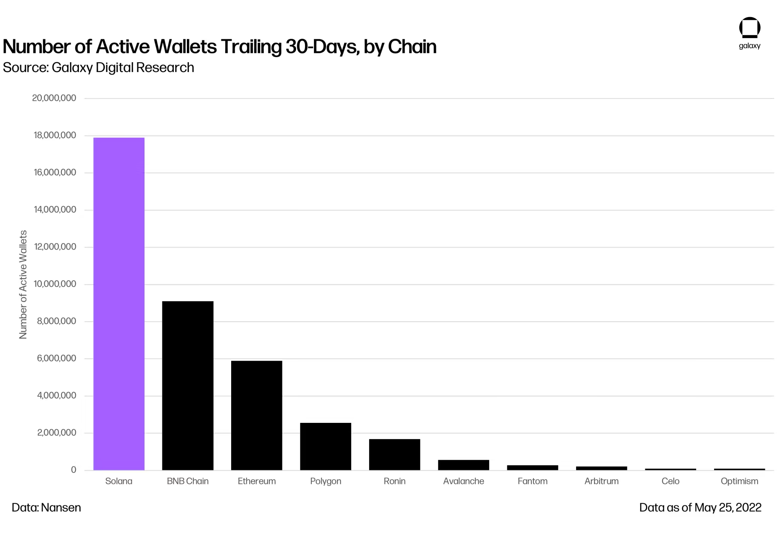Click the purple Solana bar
coord(119,303)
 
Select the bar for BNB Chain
coord(188,385)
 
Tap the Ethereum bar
coord(256,415)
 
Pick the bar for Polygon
coord(326,446)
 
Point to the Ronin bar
coord(394,454)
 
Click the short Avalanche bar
coord(463,465)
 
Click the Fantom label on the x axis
coord(532,481)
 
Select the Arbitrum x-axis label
coord(601,481)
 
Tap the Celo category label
coord(670,481)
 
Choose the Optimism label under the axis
coord(739,481)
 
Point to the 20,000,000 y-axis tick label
coord(54,98)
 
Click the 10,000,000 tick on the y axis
coord(55,284)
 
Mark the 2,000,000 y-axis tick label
coord(56,433)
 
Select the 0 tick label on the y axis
coord(73,470)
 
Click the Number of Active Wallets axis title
coord(23,284)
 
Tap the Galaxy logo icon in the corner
coord(749,28)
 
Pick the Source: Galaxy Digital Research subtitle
coord(98,68)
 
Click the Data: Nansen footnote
coord(46,508)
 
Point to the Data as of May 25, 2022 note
coord(700,508)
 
